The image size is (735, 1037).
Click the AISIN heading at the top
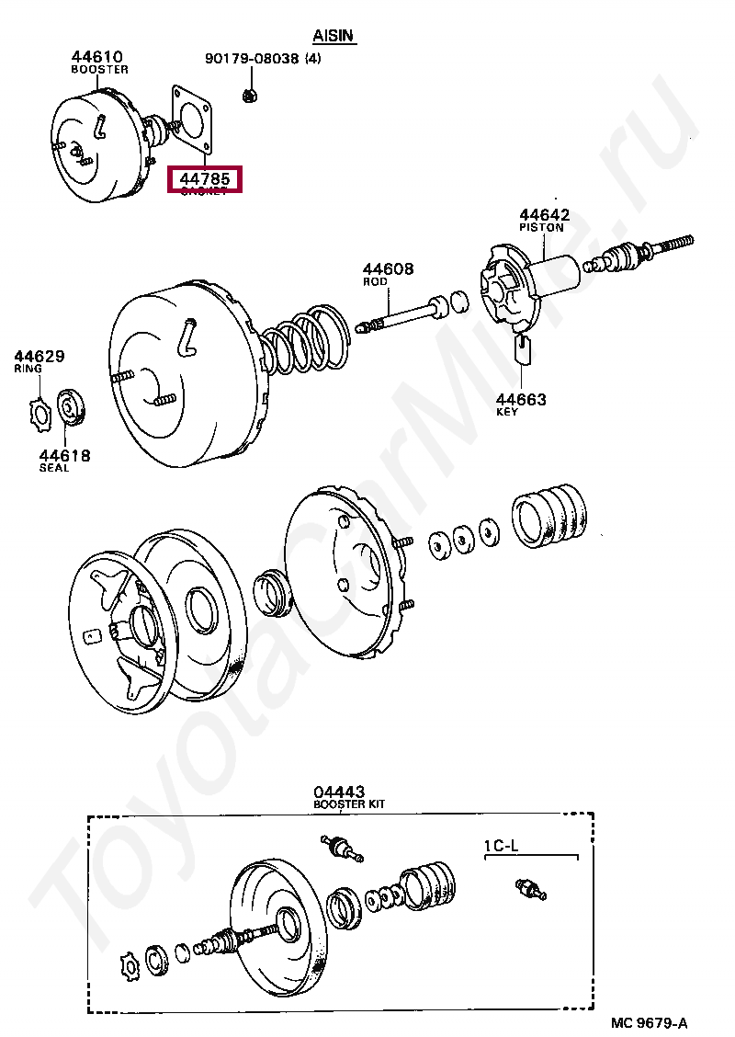pos(334,36)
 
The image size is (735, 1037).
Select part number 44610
pos(98,56)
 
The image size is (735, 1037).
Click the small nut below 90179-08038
pos(248,94)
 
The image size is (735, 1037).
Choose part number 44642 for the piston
pos(544,215)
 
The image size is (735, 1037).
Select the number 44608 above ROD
pos(388,269)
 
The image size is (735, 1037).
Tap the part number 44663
pos(521,399)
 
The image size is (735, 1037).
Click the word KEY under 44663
pos(507,412)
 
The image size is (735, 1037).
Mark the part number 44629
pos(39,356)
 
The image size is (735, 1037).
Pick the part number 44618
pos(64,455)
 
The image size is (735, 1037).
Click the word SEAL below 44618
pos(54,468)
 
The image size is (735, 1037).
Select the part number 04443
pos(338,792)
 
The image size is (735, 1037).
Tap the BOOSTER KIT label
pos(348,804)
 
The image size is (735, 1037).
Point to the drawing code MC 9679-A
pos(649,1022)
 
